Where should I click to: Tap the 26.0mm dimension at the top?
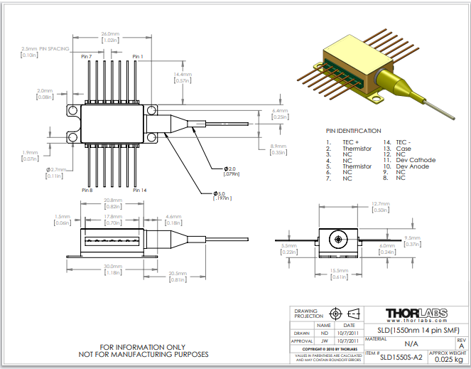[109, 33]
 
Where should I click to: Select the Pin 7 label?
[87, 56]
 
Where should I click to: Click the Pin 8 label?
[87, 191]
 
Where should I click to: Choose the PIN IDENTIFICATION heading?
[353, 131]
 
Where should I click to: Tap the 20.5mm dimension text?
[178, 274]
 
